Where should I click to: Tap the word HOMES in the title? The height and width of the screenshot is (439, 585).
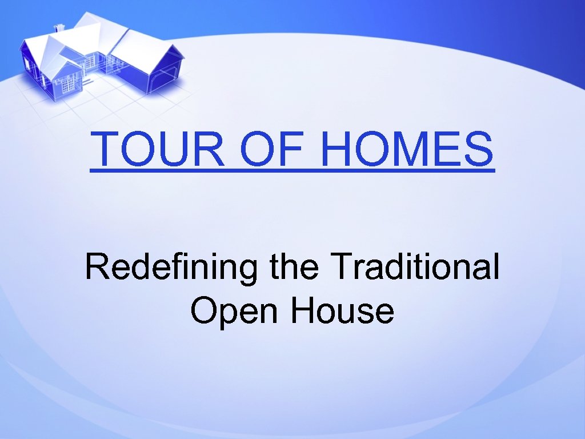(x=407, y=149)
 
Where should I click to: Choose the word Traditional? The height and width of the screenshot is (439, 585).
(x=415, y=267)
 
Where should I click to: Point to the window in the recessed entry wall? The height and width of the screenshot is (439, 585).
(x=91, y=61)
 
